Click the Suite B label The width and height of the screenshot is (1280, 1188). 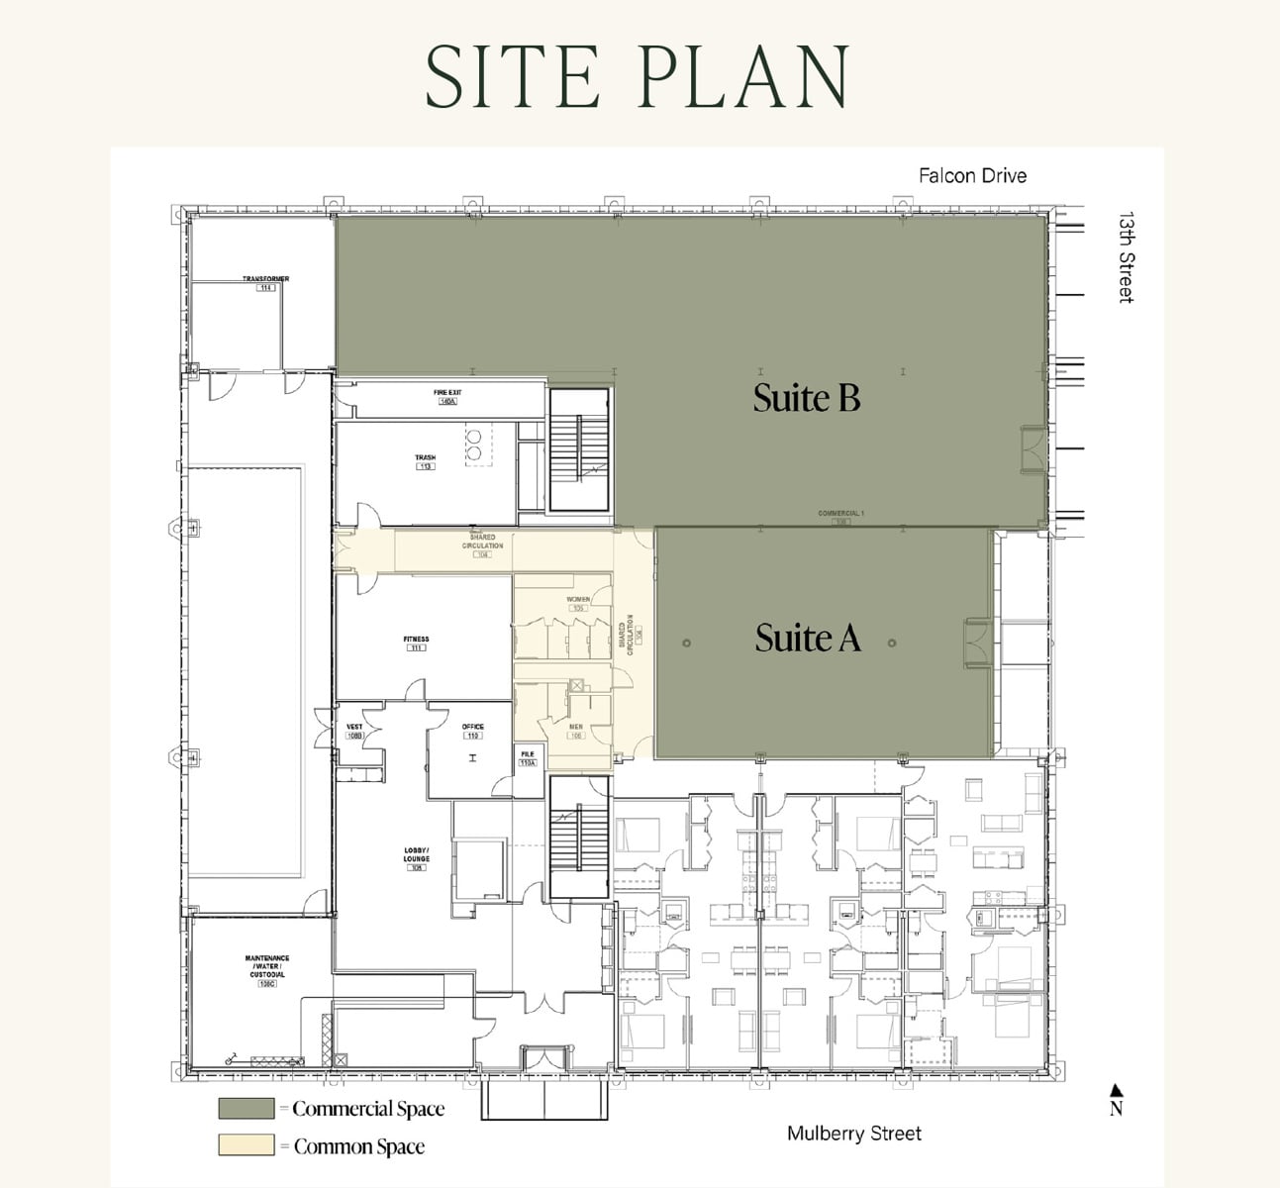click(806, 397)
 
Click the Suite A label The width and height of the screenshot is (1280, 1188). click(807, 638)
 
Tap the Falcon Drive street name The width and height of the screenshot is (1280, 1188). click(972, 175)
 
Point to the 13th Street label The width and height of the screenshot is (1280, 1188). click(1126, 256)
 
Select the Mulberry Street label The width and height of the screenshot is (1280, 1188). click(853, 1134)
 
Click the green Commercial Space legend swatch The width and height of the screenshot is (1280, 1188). click(246, 1108)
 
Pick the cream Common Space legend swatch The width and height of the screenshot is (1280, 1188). click(246, 1145)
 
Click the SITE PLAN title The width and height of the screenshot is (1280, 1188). click(638, 75)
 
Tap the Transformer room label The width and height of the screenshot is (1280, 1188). click(265, 280)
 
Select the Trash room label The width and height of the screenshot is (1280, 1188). click(425, 458)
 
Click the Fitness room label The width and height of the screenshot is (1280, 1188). click(416, 641)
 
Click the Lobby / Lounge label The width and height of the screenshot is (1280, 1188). click(416, 856)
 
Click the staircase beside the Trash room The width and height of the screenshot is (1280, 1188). click(579, 449)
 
